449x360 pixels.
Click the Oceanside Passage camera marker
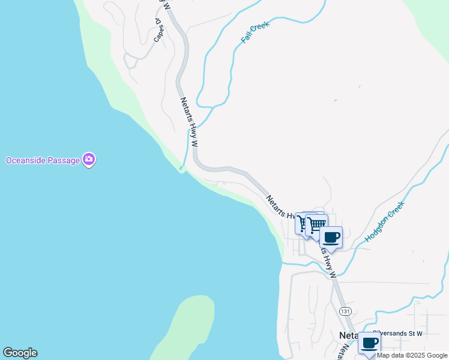click(89, 160)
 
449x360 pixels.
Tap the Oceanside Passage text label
click(44, 160)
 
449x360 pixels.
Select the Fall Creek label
click(255, 31)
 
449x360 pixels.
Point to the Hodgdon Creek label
click(385, 221)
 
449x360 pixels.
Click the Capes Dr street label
click(158, 30)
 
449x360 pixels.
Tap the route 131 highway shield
click(345, 311)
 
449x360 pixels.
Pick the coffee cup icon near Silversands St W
click(369, 343)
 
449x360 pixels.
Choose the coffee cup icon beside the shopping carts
click(331, 238)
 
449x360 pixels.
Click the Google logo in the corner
click(20, 353)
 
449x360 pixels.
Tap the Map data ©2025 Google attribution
click(412, 355)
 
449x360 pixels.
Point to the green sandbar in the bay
click(183, 327)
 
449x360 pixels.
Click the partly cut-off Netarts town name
click(349, 335)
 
